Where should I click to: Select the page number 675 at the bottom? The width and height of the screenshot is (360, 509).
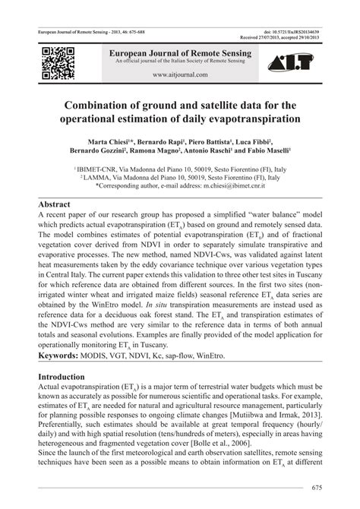[x=317, y=487]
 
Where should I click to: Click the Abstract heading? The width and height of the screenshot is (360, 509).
[x=59, y=204]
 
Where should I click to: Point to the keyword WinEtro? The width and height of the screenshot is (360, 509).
[x=232, y=355]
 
